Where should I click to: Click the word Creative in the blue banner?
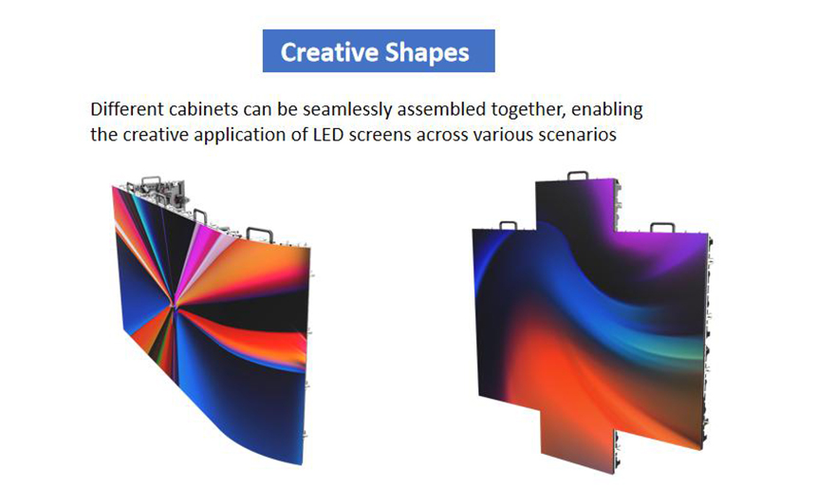[329, 52]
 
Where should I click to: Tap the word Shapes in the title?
[427, 53]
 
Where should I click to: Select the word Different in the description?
[127, 109]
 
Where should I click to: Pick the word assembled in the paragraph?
[441, 109]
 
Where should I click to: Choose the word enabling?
[606, 110]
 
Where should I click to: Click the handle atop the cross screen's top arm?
[578, 176]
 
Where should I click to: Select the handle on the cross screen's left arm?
[508, 225]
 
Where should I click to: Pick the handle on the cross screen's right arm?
[662, 228]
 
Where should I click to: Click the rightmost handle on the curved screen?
[260, 234]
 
